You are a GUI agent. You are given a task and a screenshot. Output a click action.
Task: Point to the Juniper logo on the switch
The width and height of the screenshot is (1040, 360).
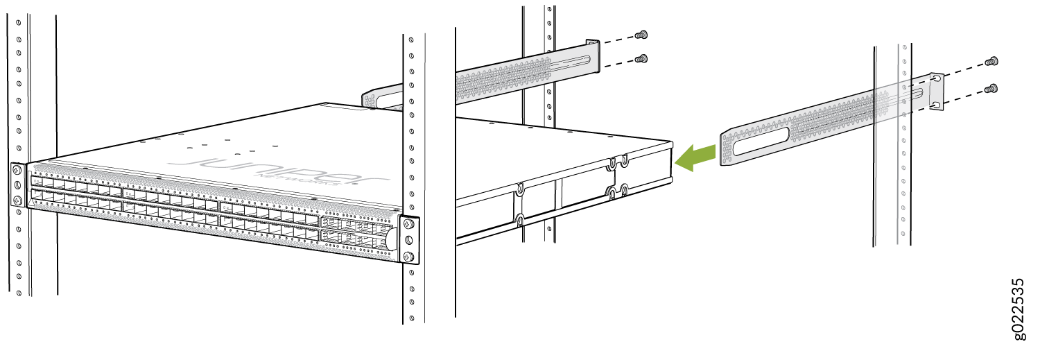pos(279,169)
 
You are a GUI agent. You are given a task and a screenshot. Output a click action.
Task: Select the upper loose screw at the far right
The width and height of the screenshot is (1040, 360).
pos(991,61)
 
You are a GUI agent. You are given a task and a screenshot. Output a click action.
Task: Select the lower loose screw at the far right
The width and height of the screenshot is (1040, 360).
pos(991,88)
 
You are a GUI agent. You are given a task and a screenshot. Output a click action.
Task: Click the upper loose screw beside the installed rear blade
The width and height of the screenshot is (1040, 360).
pos(641,35)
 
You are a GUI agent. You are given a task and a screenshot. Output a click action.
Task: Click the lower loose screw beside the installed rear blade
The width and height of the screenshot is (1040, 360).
pos(641,58)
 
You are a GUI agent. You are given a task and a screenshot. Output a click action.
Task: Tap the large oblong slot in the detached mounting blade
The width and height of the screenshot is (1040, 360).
pos(761,141)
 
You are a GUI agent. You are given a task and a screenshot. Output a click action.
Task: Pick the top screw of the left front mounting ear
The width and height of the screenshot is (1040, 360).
pos(17,170)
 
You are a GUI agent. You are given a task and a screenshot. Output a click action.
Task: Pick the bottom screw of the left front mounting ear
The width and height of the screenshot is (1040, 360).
pos(17,200)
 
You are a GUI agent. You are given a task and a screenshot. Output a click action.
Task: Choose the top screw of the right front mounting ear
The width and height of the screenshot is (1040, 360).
pos(408,224)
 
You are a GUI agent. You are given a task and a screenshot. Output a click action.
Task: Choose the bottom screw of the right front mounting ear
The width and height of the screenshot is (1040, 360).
pos(408,256)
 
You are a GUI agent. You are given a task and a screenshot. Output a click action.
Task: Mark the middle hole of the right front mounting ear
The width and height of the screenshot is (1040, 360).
pos(408,240)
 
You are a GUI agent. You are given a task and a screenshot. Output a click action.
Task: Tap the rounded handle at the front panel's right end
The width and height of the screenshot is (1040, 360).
pos(390,240)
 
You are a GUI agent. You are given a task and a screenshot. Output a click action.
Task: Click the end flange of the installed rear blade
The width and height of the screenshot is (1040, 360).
pos(593,56)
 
